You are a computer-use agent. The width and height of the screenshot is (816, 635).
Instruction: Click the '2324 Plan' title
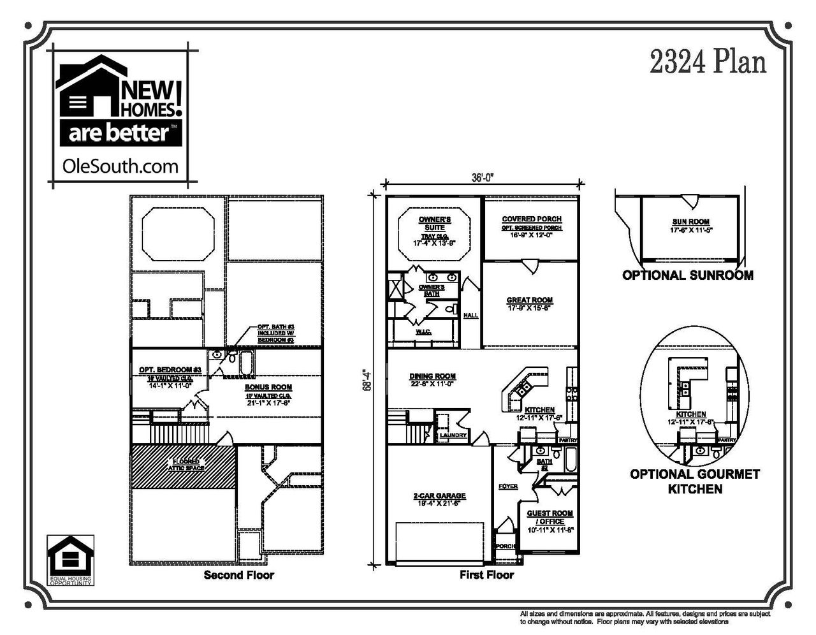click(x=708, y=63)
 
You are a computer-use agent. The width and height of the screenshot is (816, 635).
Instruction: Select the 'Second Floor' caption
click(x=238, y=575)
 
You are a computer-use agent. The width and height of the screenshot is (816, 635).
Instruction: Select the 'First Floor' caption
click(x=486, y=575)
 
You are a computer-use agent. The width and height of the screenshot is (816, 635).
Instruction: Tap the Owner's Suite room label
click(x=435, y=223)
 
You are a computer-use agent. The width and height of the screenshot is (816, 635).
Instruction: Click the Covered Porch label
click(x=532, y=219)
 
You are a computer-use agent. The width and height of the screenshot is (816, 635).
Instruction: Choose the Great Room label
click(x=529, y=300)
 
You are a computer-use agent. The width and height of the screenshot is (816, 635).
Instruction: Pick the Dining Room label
click(x=432, y=376)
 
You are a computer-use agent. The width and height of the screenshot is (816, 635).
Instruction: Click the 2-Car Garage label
click(x=439, y=495)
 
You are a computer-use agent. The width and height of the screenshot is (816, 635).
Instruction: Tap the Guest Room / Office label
click(x=550, y=517)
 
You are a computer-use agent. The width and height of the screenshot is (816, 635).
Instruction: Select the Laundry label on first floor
click(x=453, y=436)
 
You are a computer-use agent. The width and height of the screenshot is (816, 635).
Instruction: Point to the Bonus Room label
click(x=268, y=387)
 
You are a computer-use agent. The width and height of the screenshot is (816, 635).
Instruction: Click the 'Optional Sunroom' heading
click(x=687, y=275)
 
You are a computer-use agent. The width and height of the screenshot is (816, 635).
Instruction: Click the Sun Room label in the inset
click(x=690, y=222)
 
